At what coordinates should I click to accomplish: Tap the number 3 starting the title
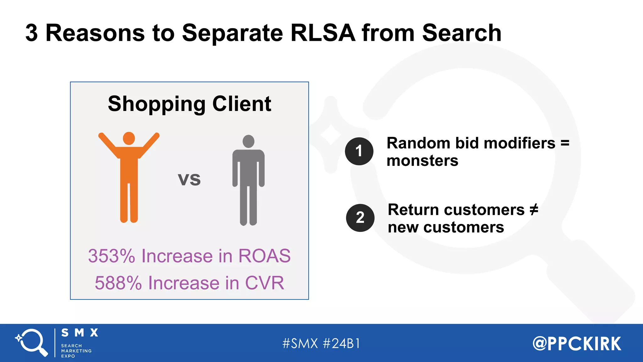click(x=31, y=33)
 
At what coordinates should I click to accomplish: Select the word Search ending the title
click(x=462, y=33)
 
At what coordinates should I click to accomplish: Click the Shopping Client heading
click(x=189, y=104)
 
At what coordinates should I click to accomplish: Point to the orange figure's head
click(x=129, y=138)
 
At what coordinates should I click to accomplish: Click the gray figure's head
click(x=248, y=141)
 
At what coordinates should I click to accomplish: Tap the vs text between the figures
click(x=189, y=179)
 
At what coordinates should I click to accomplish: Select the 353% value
click(x=111, y=256)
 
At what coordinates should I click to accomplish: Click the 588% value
click(x=118, y=283)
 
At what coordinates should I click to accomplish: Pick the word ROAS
click(x=264, y=256)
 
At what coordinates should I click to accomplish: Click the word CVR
click(x=264, y=283)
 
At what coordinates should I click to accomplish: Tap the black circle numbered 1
click(x=359, y=151)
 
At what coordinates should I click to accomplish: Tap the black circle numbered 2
click(x=360, y=218)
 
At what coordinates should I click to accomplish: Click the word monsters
click(x=422, y=161)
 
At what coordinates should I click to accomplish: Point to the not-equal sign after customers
click(x=534, y=210)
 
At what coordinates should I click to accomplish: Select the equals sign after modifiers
click(x=565, y=143)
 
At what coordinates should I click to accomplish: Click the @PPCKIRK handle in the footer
click(x=577, y=343)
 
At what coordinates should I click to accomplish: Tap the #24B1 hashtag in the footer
click(x=342, y=343)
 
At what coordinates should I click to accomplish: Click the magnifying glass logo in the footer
click(x=31, y=343)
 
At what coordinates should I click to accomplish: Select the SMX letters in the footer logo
click(x=80, y=333)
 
